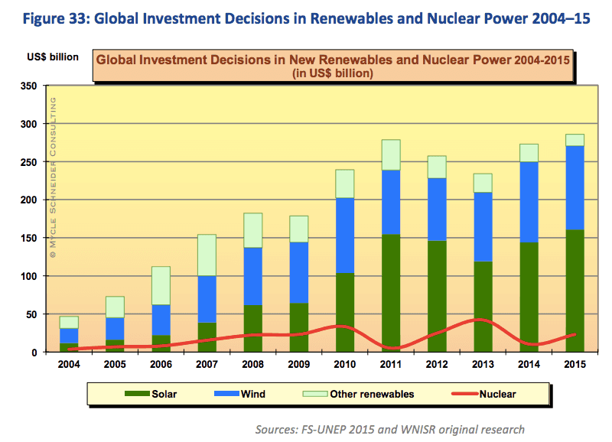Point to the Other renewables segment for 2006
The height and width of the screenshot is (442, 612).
click(x=161, y=285)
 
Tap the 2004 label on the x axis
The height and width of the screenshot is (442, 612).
click(x=67, y=365)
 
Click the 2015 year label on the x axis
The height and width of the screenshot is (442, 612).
click(x=575, y=365)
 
